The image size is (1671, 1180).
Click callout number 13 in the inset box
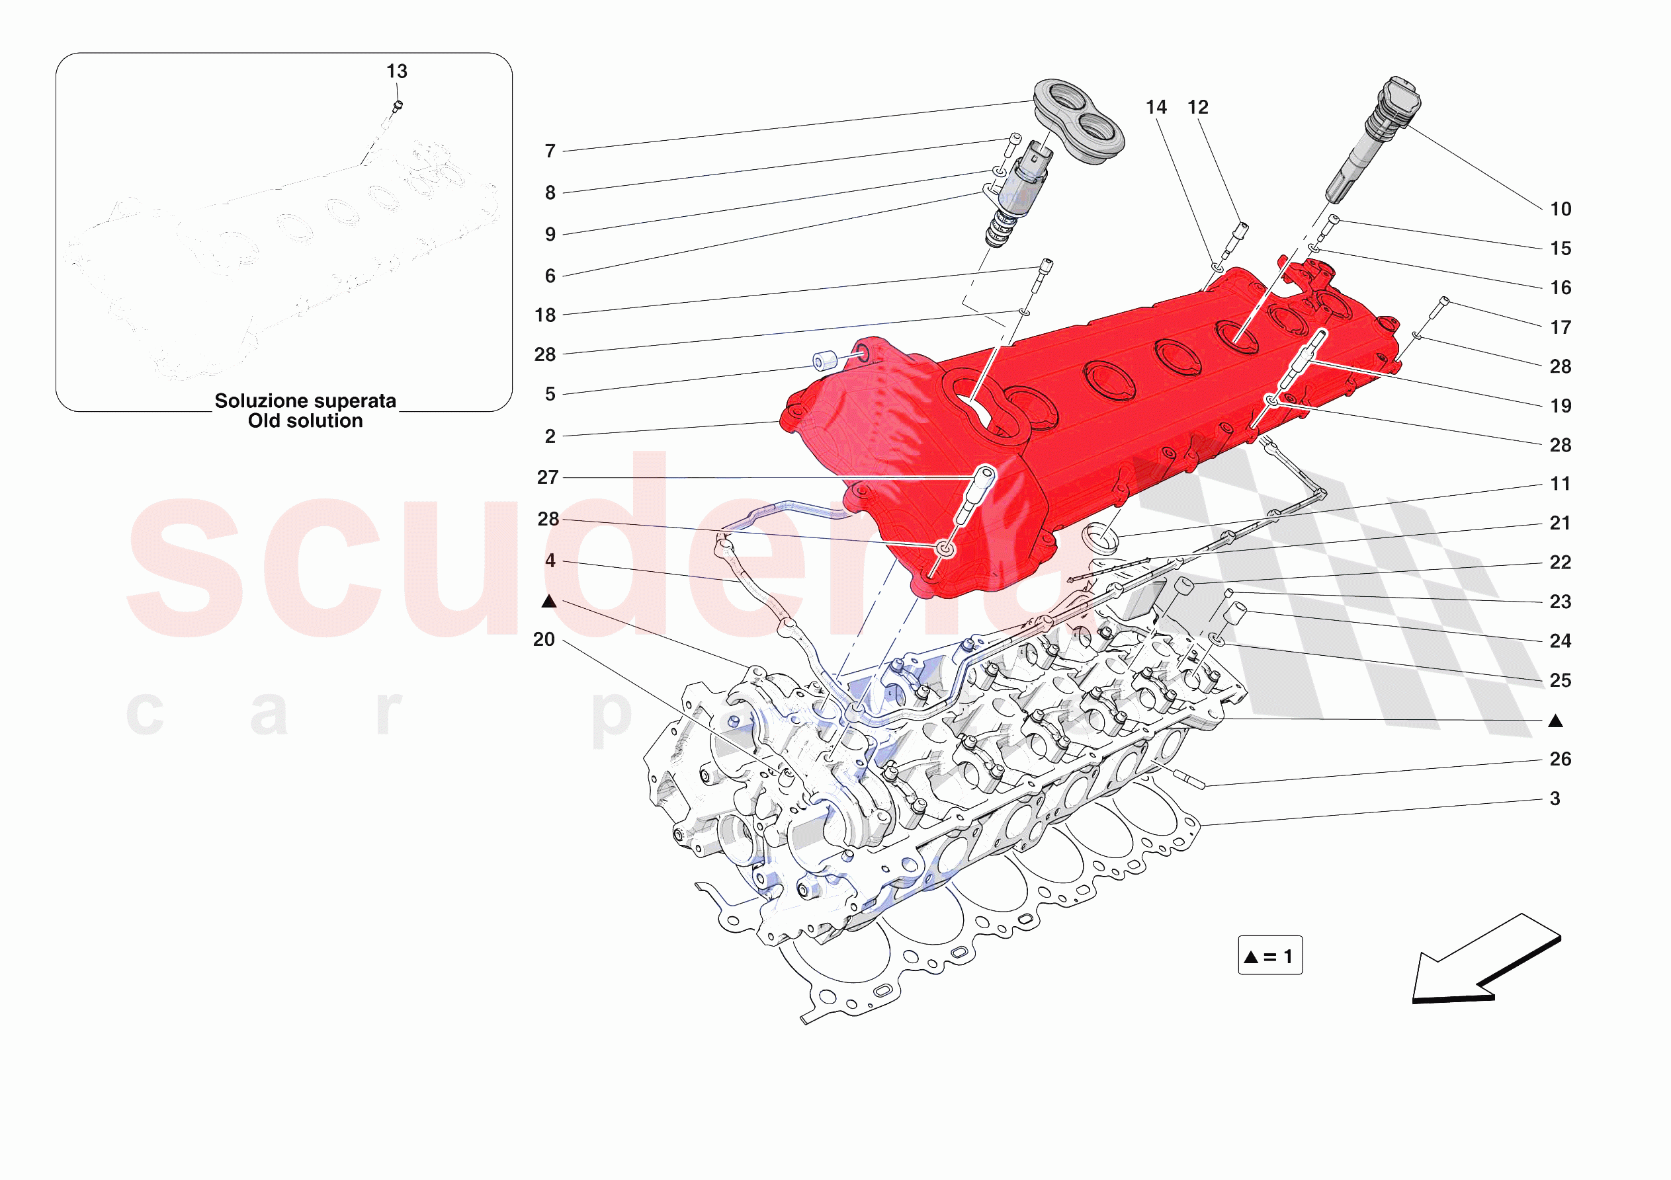click(x=397, y=71)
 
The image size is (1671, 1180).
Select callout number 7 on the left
click(x=550, y=151)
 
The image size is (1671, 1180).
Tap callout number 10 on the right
click(x=1561, y=210)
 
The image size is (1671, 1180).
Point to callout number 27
click(x=548, y=477)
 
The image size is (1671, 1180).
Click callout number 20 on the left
click(x=544, y=639)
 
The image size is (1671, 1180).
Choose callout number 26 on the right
click(x=1561, y=759)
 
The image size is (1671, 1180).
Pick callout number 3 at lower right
click(x=1555, y=799)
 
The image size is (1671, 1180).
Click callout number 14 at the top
click(x=1156, y=108)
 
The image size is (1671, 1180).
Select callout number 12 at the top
click(x=1198, y=108)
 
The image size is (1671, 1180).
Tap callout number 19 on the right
click(x=1561, y=406)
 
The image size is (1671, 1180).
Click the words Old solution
click(x=305, y=421)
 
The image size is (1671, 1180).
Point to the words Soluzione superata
click(x=305, y=401)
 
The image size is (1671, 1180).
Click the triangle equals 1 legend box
click(x=1270, y=956)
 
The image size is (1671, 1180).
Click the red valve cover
click(x=1092, y=407)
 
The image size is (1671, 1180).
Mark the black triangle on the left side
click(x=549, y=602)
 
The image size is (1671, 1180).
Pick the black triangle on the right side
click(x=1555, y=721)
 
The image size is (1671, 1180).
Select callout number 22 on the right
click(x=1561, y=563)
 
